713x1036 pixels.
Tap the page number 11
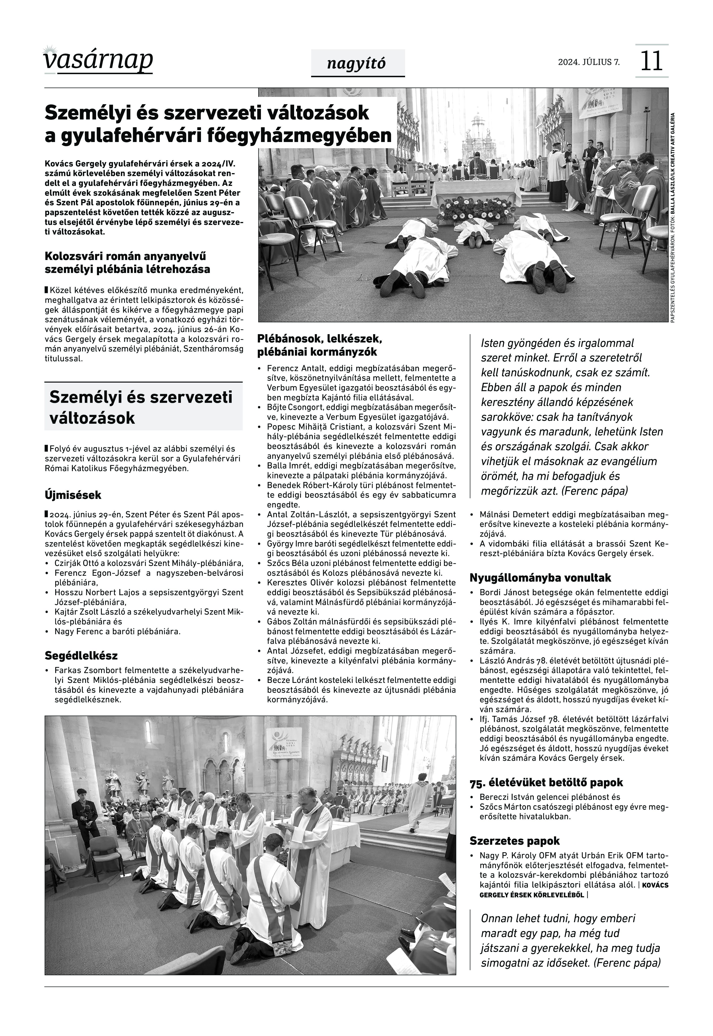click(651, 61)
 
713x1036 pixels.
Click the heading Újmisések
click(73, 495)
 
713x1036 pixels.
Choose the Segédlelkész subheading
click(81, 656)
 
